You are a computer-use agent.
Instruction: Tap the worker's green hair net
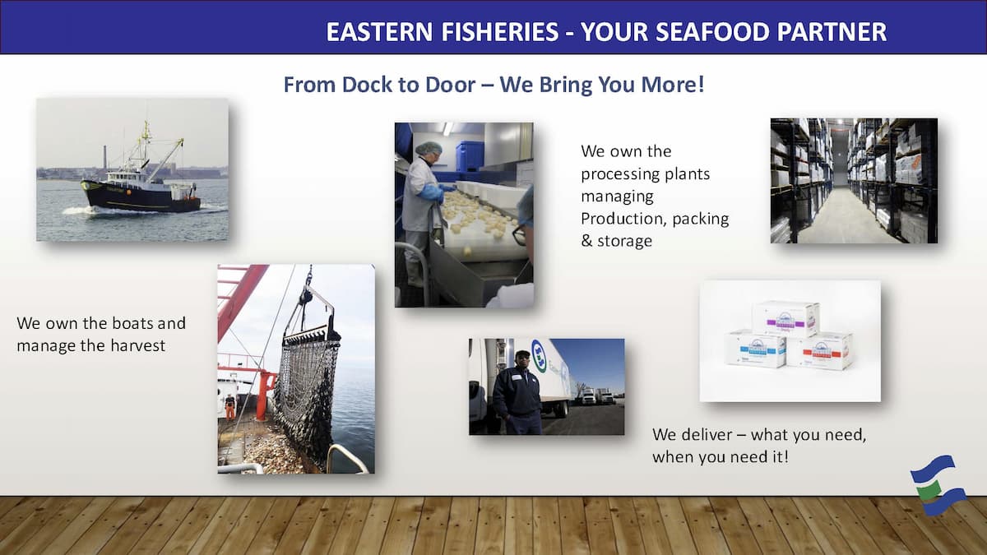tap(429, 148)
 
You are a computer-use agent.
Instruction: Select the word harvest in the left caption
tap(137, 345)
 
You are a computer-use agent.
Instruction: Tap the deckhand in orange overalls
tap(230, 408)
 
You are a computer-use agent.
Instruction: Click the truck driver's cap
tap(522, 354)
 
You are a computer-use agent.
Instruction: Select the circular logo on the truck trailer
tap(540, 355)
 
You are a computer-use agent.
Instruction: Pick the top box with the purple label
tap(785, 318)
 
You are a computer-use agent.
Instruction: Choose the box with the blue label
tap(756, 349)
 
